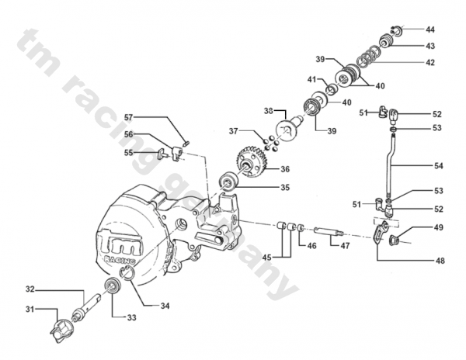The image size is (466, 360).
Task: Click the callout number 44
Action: [430, 29]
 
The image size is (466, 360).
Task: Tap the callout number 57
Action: [128, 117]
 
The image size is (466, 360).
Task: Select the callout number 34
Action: [165, 306]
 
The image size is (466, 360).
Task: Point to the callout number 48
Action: [440, 261]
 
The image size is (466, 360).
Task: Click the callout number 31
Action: [30, 310]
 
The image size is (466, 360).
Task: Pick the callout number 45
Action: [266, 258]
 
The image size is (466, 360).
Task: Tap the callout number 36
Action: [285, 169]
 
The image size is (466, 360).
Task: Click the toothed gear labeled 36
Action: [249, 163]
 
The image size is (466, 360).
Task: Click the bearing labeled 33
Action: [113, 286]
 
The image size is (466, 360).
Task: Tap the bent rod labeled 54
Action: [389, 164]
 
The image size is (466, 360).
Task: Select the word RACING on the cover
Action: [120, 259]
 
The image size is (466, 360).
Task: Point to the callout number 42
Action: [430, 63]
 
